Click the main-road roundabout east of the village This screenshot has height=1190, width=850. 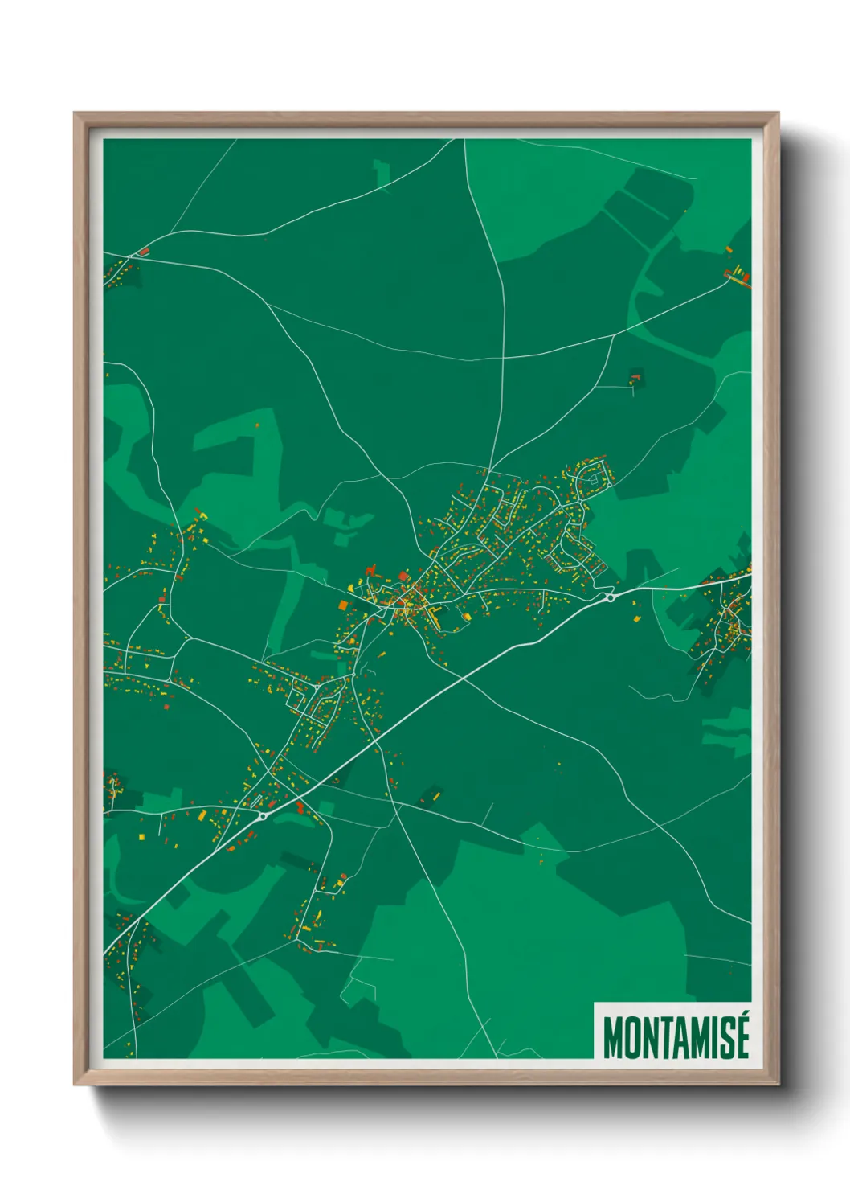pyautogui.click(x=611, y=597)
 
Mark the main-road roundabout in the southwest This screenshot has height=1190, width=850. pyautogui.click(x=263, y=816)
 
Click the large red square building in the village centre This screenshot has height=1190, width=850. pyautogui.click(x=403, y=576)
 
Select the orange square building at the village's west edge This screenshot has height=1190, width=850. pyautogui.click(x=342, y=605)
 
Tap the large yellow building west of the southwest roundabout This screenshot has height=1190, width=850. pyautogui.click(x=201, y=815)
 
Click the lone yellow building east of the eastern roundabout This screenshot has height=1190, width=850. pyautogui.click(x=639, y=618)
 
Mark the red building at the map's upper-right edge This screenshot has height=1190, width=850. pyautogui.click(x=746, y=278)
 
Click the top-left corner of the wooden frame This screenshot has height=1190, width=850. pyautogui.click(x=75, y=113)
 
